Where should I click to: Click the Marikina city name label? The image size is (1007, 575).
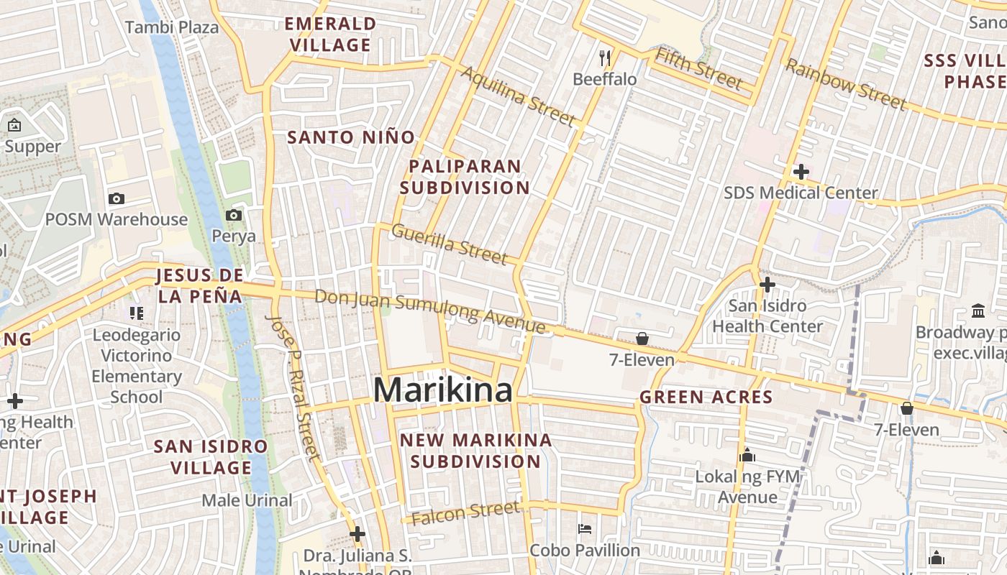(443, 390)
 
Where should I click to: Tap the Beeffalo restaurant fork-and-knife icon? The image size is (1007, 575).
(605, 57)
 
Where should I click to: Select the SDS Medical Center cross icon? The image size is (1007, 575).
(801, 172)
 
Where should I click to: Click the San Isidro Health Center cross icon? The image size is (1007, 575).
(767, 285)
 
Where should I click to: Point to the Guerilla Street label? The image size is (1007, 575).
(450, 244)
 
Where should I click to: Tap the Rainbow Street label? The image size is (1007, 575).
(845, 85)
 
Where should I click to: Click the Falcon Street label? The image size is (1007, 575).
(466, 512)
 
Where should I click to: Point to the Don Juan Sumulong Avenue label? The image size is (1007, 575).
(429, 311)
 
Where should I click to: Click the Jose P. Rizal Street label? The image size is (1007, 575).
(293, 386)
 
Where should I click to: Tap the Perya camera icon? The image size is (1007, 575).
(233, 215)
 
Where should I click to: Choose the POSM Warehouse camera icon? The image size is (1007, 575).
(116, 198)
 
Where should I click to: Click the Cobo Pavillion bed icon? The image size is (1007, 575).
(585, 529)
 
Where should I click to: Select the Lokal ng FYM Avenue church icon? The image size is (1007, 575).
(747, 455)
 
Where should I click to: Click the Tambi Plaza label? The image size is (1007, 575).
(172, 27)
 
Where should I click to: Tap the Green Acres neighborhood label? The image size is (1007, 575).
(706, 397)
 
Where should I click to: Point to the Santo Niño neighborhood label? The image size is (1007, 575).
(351, 137)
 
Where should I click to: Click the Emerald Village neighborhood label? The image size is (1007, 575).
(330, 34)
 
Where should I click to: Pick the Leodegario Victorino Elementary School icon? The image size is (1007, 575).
(136, 313)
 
